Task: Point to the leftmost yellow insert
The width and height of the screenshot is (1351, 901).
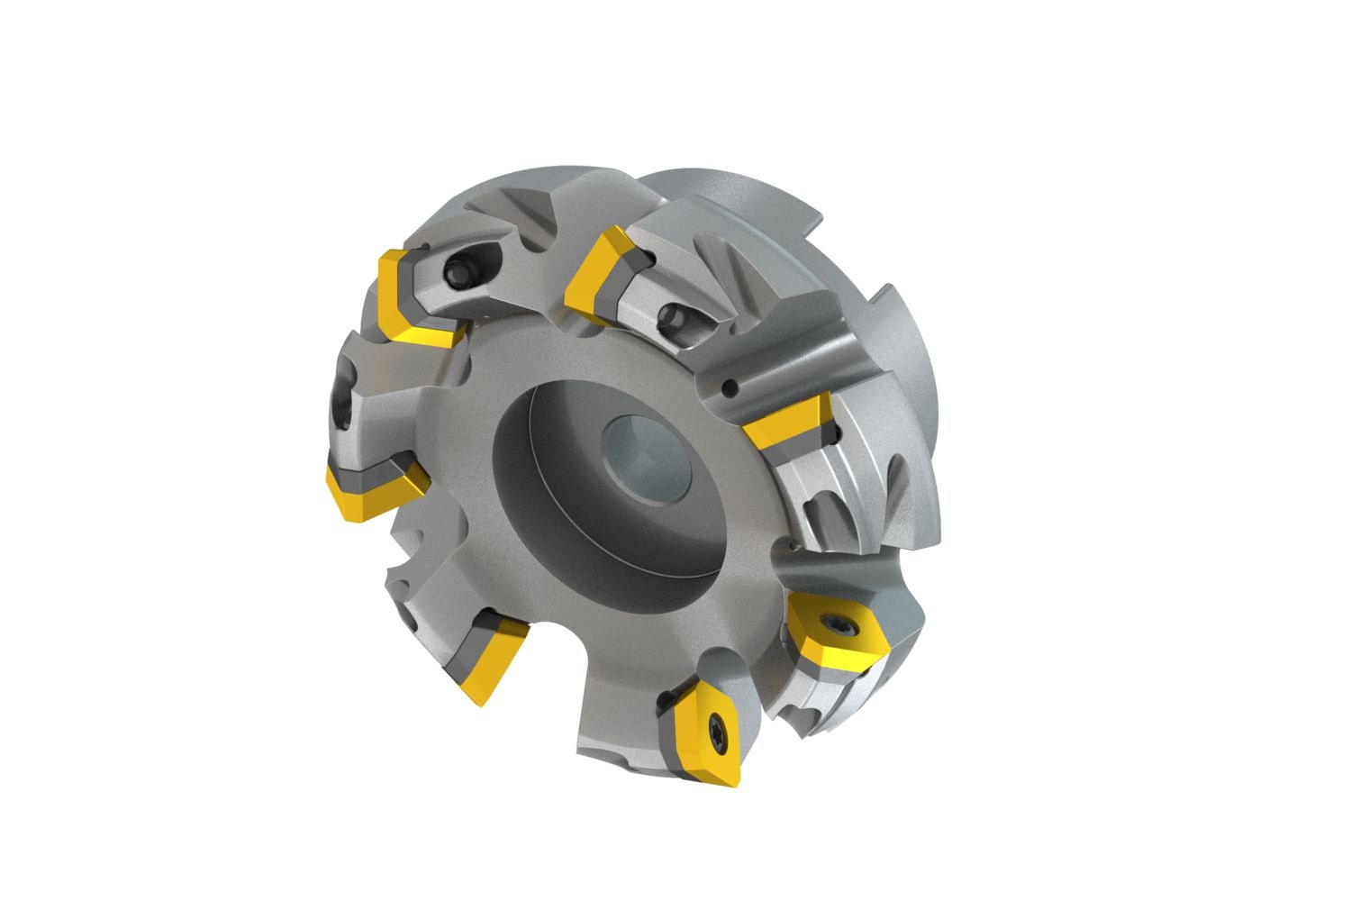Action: (x=365, y=487)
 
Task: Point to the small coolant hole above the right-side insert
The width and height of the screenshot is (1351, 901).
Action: (x=730, y=388)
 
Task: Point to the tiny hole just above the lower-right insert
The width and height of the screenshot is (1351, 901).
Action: (x=792, y=545)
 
